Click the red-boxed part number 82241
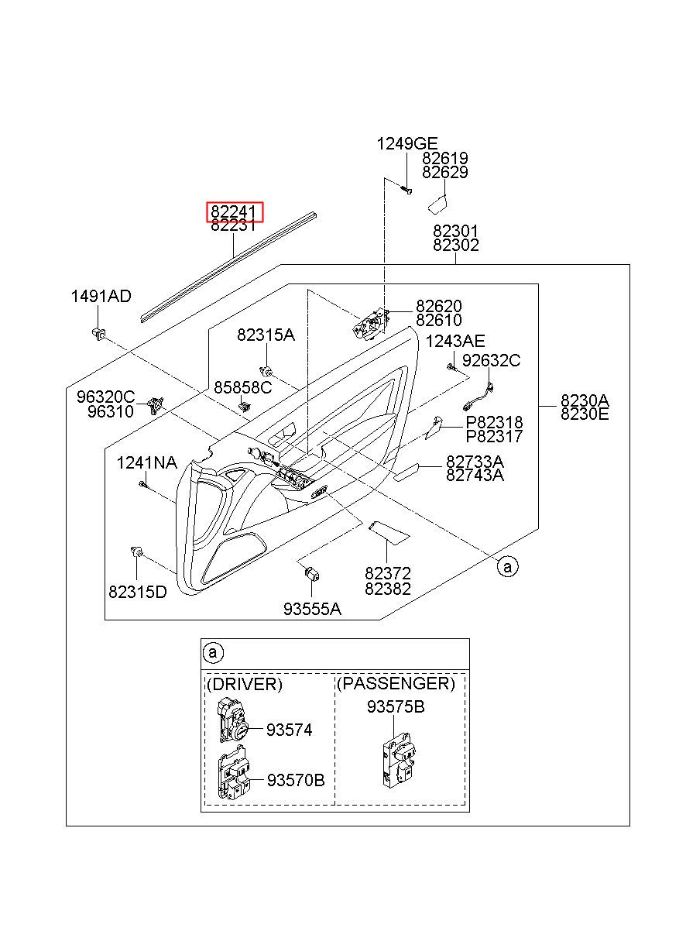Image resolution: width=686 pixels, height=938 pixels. pos(233,211)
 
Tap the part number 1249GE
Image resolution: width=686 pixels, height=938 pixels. pos(406,143)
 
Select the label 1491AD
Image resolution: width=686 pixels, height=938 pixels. pos(101,296)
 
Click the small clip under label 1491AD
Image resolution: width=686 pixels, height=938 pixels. pos(98,334)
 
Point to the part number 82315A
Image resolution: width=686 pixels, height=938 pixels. pos(266,335)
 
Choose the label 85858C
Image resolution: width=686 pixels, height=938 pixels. pos(243,387)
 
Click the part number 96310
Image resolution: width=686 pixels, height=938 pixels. pos(111,411)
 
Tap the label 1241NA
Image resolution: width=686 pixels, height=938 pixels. pos(146,462)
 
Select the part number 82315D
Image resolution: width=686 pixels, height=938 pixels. pos(138,592)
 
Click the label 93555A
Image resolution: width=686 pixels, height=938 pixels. pos(312,609)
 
